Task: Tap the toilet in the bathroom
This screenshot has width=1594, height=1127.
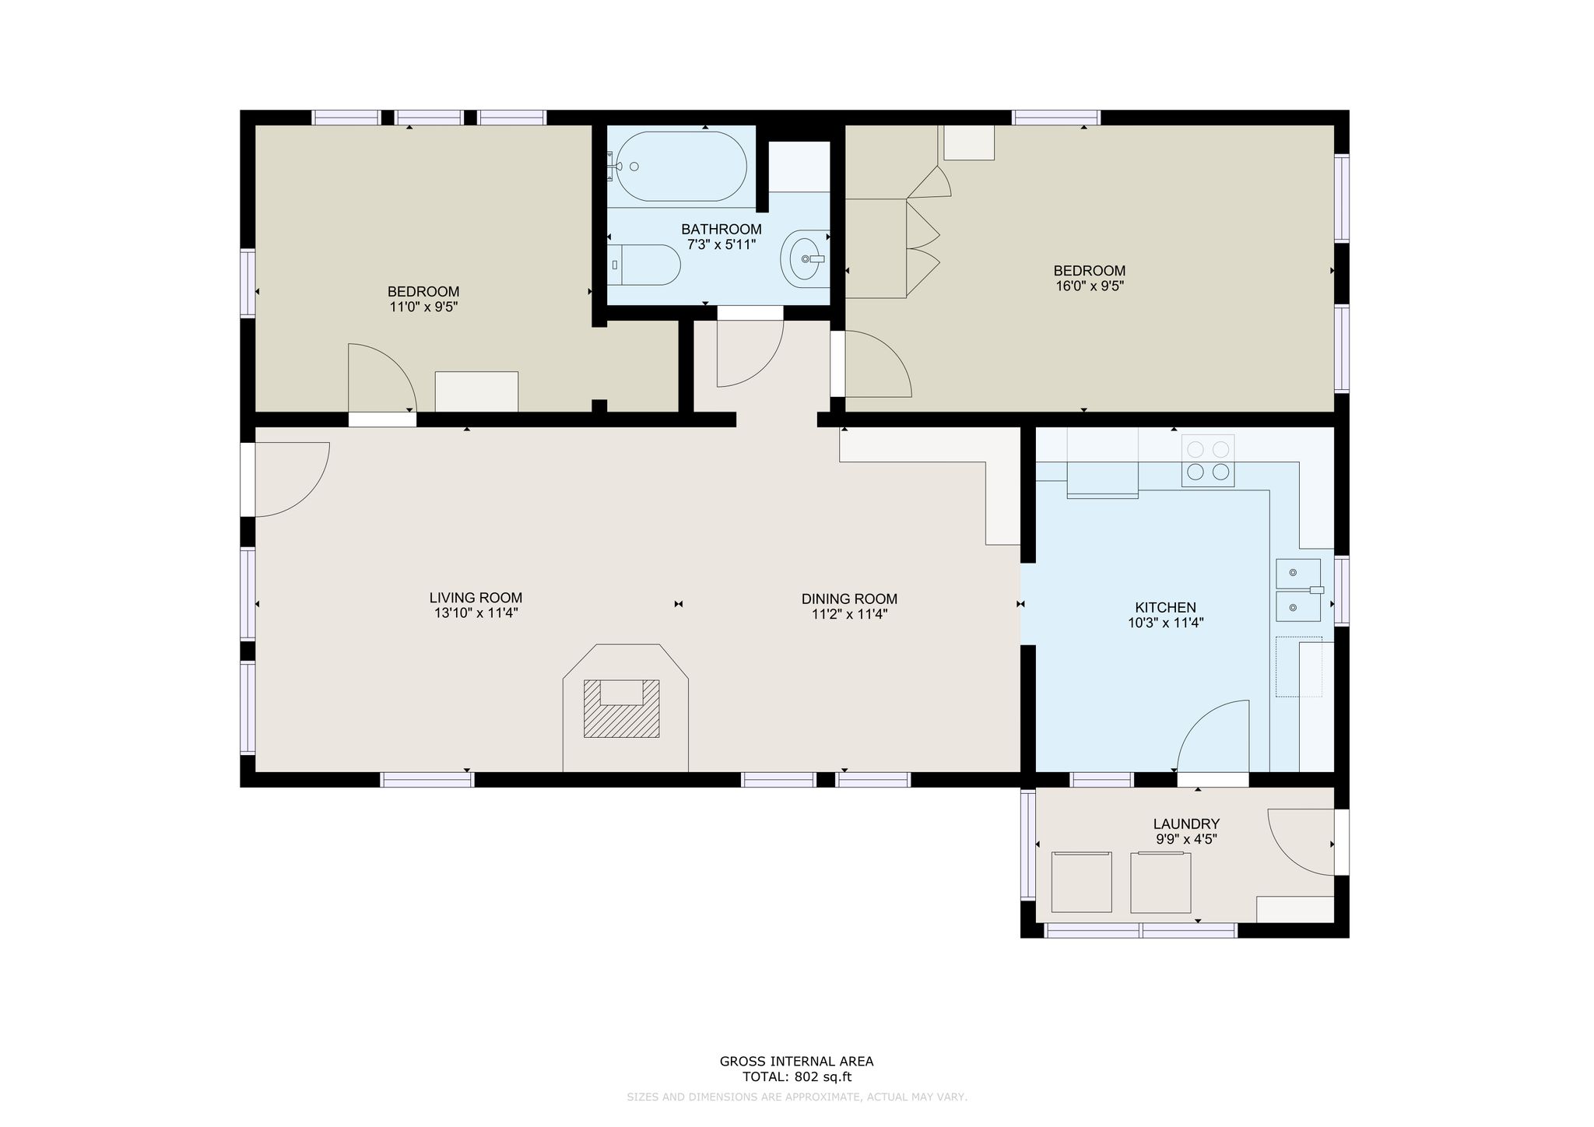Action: [644, 265]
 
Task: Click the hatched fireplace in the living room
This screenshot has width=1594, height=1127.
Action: [622, 708]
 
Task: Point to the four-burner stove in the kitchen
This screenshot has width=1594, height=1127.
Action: [1208, 461]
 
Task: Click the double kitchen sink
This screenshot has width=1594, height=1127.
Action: [1299, 590]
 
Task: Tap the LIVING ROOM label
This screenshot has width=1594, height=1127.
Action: [476, 598]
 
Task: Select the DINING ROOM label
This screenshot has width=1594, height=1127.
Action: [849, 599]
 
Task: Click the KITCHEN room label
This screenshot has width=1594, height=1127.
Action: [1165, 607]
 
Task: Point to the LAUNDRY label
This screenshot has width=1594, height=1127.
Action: [1186, 823]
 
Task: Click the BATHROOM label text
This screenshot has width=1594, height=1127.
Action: [722, 229]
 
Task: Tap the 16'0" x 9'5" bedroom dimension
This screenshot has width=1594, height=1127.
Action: [1090, 286]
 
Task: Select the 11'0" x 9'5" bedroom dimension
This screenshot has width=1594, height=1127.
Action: [423, 307]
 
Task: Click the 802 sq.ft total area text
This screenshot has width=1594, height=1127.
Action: [823, 1077]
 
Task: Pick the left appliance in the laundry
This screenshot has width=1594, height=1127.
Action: [1081, 882]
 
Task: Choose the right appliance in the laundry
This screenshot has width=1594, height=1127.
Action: [1160, 882]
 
